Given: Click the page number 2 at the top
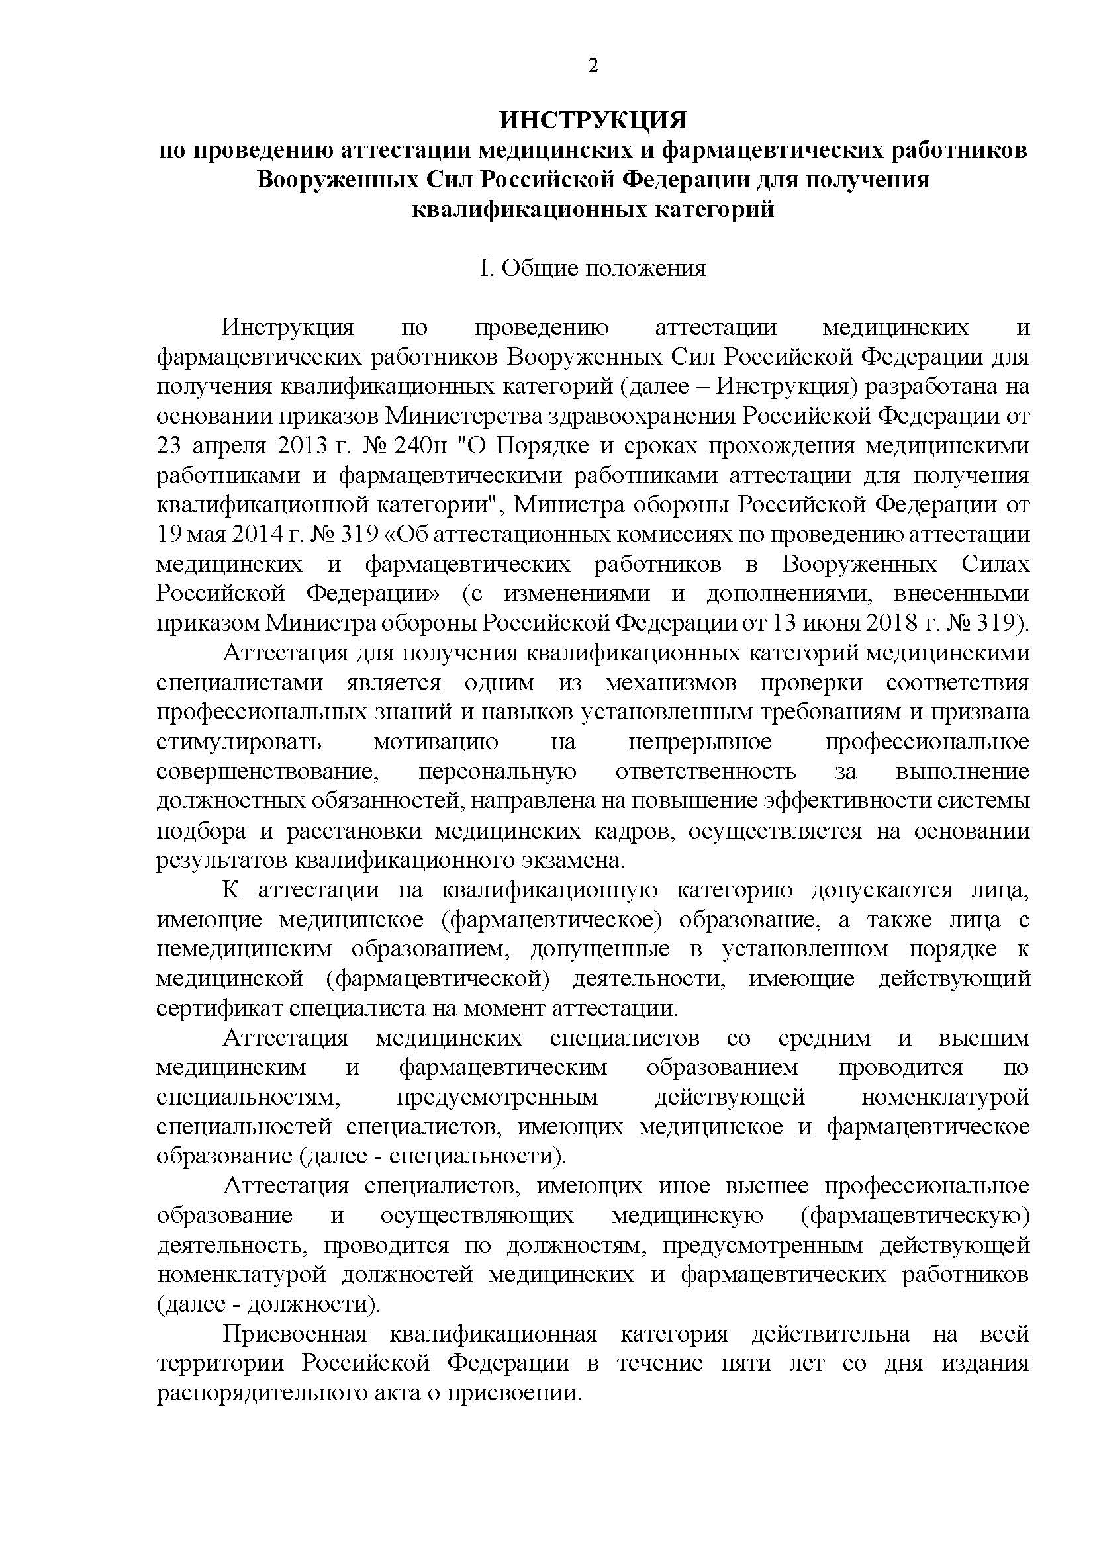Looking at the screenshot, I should (x=593, y=66).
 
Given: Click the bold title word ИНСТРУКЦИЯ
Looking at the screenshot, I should (x=593, y=120).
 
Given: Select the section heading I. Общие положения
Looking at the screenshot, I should (x=593, y=268).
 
